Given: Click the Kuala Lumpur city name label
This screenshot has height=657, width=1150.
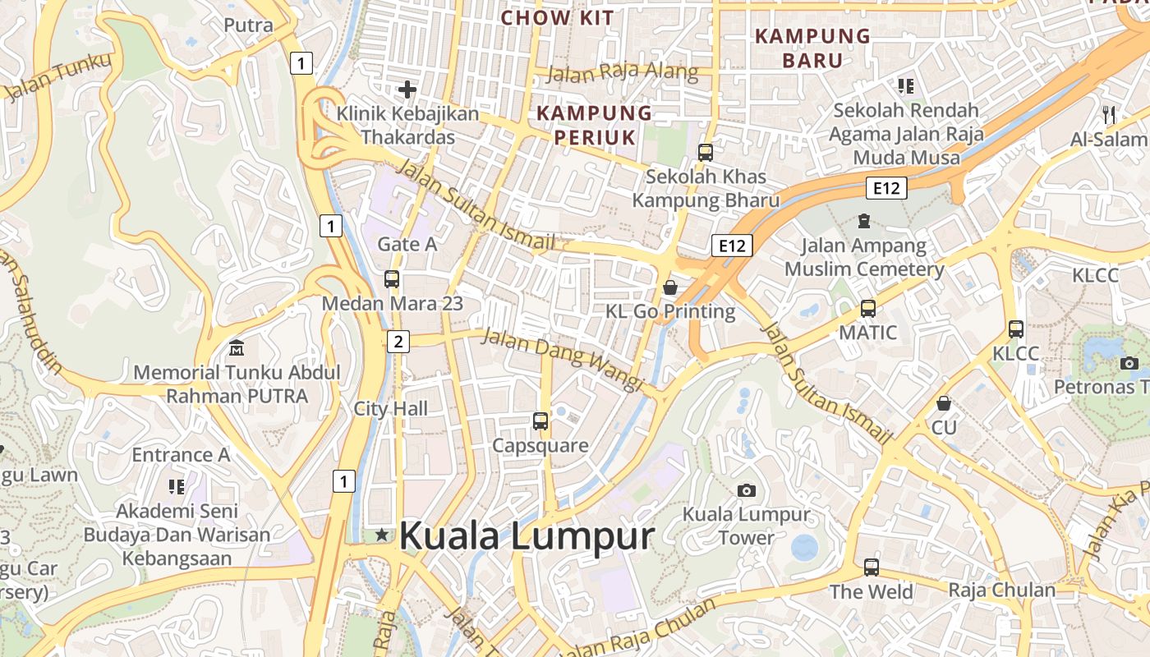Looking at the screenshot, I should click(x=526, y=536).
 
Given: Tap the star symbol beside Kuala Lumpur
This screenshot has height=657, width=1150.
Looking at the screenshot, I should click(x=382, y=535).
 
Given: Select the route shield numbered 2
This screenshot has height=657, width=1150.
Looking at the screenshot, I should click(x=398, y=341).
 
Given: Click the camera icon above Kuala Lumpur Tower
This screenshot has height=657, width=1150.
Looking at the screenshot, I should click(x=746, y=490).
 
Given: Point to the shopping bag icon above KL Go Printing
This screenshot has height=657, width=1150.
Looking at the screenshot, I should click(x=670, y=287).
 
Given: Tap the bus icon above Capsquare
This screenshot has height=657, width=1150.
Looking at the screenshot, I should click(x=540, y=421).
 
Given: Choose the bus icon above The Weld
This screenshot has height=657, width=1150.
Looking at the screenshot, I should click(x=871, y=567).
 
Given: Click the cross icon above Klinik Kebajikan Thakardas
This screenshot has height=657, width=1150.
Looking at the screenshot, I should click(x=407, y=90).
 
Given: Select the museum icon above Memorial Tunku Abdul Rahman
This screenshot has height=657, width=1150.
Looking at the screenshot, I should click(x=237, y=347).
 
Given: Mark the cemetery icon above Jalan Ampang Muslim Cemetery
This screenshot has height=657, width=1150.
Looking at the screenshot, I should click(x=863, y=220).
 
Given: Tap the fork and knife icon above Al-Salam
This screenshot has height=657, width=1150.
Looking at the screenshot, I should click(x=1109, y=114).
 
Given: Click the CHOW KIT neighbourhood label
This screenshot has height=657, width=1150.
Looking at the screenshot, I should click(x=557, y=17).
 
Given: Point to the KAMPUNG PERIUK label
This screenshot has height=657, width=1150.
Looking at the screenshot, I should click(x=594, y=125).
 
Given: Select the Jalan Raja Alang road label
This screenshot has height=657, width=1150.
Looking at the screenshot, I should click(x=622, y=73).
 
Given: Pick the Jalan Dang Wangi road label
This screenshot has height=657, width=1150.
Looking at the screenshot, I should click(x=561, y=359).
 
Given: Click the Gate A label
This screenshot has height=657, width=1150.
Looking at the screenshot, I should click(x=407, y=244).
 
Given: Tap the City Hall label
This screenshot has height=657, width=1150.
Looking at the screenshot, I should click(x=391, y=408).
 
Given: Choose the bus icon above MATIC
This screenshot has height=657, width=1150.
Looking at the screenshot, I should click(x=868, y=309).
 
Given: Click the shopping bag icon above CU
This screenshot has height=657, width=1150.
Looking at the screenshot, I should click(x=944, y=403).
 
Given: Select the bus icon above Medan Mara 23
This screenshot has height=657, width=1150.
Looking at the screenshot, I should click(x=392, y=279).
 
